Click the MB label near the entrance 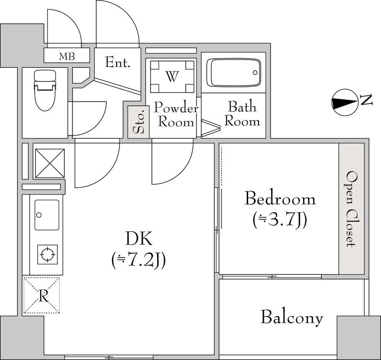coord(67,56)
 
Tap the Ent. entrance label coord(118,62)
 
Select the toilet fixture coord(45,90)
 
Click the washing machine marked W coord(172,77)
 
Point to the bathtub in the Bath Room coord(233,72)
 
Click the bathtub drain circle coord(255,72)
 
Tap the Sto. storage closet coord(139,122)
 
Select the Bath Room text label coord(242,113)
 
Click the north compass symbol coord(345,102)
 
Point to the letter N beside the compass coord(366,100)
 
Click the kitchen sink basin coord(47,215)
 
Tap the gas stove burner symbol coord(48,255)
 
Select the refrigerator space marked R coord(41,295)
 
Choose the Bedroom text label coord(280,199)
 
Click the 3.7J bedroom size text coord(280,220)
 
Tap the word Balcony coord(292,318)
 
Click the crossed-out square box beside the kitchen coord(50,163)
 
